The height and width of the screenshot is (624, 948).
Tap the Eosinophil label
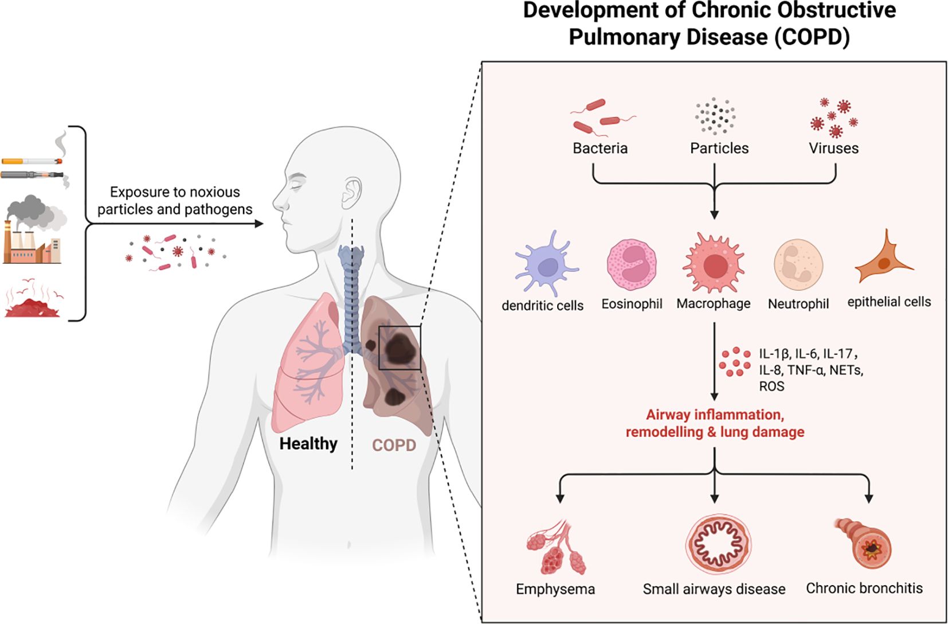632,303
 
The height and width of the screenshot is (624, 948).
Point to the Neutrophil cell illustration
798,264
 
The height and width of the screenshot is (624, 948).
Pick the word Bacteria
600,148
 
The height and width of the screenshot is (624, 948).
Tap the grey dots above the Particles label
715,116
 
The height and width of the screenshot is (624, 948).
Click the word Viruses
833,148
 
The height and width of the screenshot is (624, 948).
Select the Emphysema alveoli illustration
557,548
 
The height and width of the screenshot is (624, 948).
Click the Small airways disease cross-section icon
718,544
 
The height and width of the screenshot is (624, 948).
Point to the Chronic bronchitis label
864,588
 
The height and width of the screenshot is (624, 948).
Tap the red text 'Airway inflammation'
715,414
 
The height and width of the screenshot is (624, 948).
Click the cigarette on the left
32,161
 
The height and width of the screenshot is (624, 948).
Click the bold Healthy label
308,443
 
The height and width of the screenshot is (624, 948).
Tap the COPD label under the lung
394,445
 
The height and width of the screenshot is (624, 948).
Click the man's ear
351,193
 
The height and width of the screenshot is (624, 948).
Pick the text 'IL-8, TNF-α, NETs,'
810,370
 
